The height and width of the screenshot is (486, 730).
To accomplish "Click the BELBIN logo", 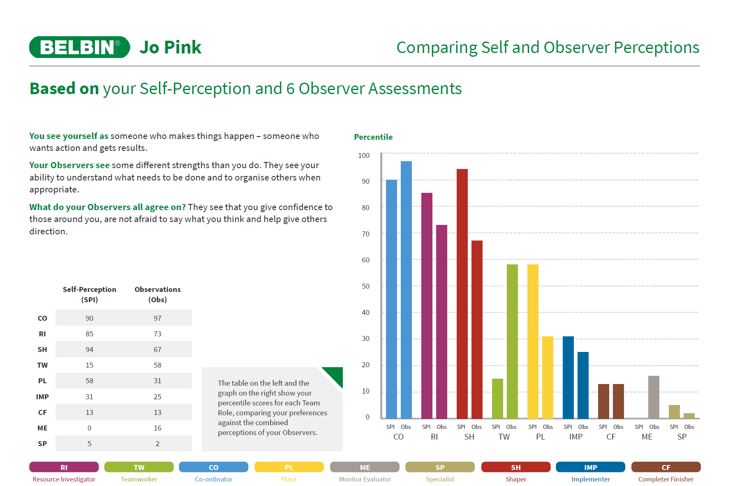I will [x=80, y=47].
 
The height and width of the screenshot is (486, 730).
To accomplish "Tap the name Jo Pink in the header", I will [x=171, y=47].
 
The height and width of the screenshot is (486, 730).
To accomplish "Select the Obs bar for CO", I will [x=406, y=290].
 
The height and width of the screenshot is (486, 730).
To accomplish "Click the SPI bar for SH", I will [x=462, y=294].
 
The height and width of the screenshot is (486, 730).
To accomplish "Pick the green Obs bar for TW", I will [x=512, y=341].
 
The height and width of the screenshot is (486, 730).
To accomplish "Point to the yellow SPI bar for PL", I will [x=533, y=341].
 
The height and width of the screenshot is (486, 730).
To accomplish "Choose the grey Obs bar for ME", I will [x=654, y=397].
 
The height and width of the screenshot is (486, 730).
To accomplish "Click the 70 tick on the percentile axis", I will [x=365, y=234].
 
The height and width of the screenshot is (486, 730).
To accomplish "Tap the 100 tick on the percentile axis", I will [x=364, y=155].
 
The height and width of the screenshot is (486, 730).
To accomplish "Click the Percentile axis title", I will [x=373, y=137].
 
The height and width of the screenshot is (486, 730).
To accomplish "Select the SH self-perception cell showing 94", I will [x=90, y=349].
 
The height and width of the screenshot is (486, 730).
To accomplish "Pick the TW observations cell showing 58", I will [x=157, y=365].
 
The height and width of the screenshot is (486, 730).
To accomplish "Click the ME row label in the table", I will [x=42, y=428].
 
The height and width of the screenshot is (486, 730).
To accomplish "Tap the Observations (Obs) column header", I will [x=157, y=294].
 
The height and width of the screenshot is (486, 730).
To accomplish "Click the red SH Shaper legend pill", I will [x=515, y=467].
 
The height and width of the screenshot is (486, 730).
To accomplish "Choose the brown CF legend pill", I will [x=666, y=467].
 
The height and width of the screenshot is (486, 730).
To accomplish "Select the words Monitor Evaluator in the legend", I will [x=365, y=479].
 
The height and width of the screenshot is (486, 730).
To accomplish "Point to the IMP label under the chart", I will [x=575, y=437].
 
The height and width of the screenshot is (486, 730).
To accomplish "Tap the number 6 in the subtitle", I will [x=291, y=89].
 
